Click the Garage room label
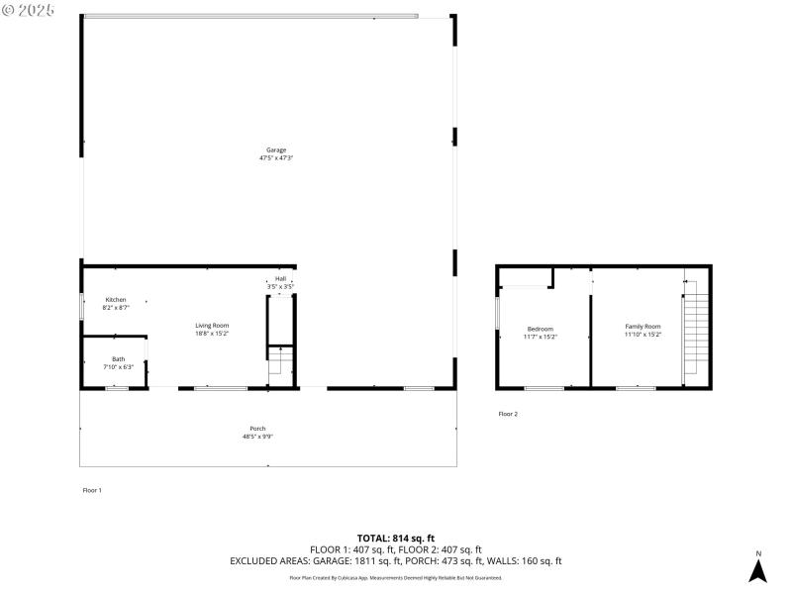pos(275,149)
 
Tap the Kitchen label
pos(116,299)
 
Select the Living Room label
pos(212,326)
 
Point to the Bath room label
pos(118,359)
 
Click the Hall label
pos(280,279)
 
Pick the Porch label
pos(257,429)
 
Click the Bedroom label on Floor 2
pos(540,329)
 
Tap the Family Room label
pos(642,326)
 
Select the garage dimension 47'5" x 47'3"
pos(275,157)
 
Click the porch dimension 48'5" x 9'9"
pos(257,437)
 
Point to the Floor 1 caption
pos(91,490)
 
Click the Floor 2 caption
pos(507,414)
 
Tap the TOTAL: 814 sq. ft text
pos(395,538)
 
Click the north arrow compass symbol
pos(757,569)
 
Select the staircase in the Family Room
pos(694,332)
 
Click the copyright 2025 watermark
pos(29,9)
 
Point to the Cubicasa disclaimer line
pos(395,577)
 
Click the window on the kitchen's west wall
pos(82,304)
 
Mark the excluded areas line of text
pos(395,561)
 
